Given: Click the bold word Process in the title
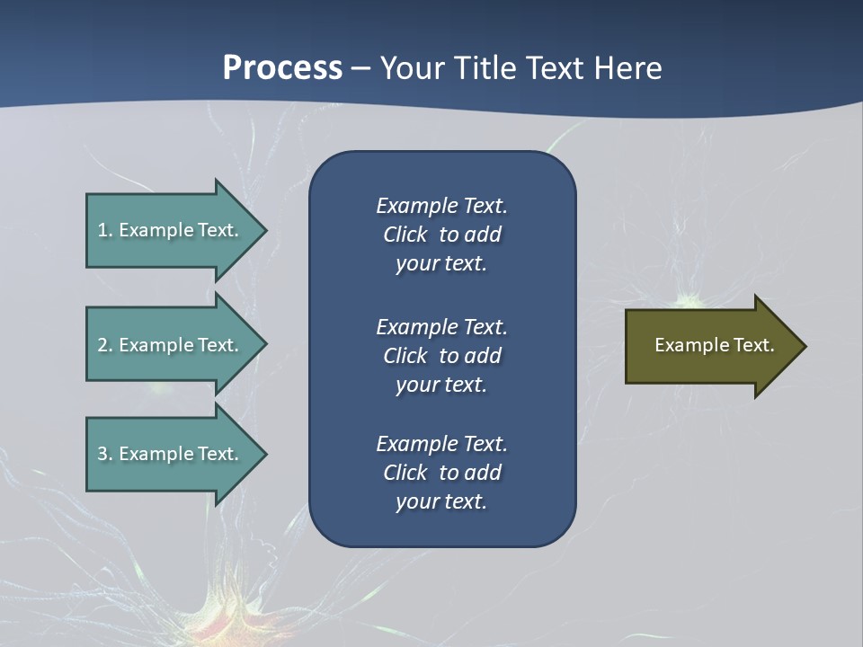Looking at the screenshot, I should tap(282, 68).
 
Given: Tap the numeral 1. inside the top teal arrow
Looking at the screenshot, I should tap(105, 230).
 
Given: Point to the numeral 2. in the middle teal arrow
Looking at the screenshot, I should tap(105, 345).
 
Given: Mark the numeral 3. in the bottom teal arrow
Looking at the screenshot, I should tap(105, 454).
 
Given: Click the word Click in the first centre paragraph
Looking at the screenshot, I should tap(405, 235).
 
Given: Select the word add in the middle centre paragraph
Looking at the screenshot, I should tap(484, 356).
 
